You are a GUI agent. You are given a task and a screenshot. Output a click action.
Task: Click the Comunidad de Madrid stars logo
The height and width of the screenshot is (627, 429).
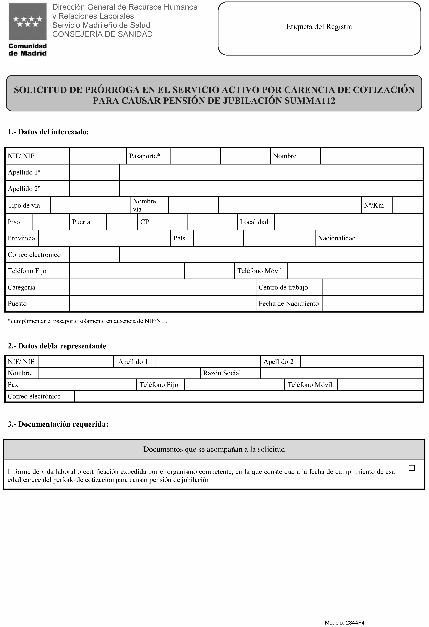tap(28, 22)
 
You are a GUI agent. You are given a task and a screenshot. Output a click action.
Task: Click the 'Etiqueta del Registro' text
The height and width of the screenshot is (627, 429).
tap(319, 27)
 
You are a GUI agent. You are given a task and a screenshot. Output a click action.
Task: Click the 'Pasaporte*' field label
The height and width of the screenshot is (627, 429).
tap(145, 156)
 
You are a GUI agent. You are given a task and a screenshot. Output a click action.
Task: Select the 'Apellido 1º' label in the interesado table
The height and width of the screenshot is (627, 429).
tap(24, 172)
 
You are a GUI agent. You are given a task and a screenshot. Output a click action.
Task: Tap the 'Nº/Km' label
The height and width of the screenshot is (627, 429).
tap(373, 205)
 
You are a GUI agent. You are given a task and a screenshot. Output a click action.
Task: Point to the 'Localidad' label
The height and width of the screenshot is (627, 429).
tap(254, 222)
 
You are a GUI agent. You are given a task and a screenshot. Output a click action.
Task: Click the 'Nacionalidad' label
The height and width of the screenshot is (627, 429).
tap(336, 238)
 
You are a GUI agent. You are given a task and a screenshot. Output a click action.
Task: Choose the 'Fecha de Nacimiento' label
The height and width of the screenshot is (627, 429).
tap(289, 303)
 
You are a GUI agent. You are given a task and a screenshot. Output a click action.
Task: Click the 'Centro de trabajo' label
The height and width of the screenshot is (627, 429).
tap(283, 287)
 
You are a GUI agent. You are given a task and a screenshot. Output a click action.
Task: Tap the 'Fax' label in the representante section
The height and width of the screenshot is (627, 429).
tap(13, 385)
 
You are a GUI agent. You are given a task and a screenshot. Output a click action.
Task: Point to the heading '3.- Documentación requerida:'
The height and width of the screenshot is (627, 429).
tap(58, 424)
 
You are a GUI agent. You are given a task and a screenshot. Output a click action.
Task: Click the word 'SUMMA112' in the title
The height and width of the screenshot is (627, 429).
tap(310, 101)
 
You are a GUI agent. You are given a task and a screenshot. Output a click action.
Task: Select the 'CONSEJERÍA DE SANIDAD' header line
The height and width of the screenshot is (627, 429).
tap(102, 34)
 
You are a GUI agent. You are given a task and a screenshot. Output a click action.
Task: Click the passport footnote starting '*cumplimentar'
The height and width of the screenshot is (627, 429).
tap(87, 321)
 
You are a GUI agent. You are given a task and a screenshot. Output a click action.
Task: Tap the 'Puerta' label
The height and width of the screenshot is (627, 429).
tap(81, 222)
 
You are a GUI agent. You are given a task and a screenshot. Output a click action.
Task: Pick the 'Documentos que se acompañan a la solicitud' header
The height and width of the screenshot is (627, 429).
tap(214, 449)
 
